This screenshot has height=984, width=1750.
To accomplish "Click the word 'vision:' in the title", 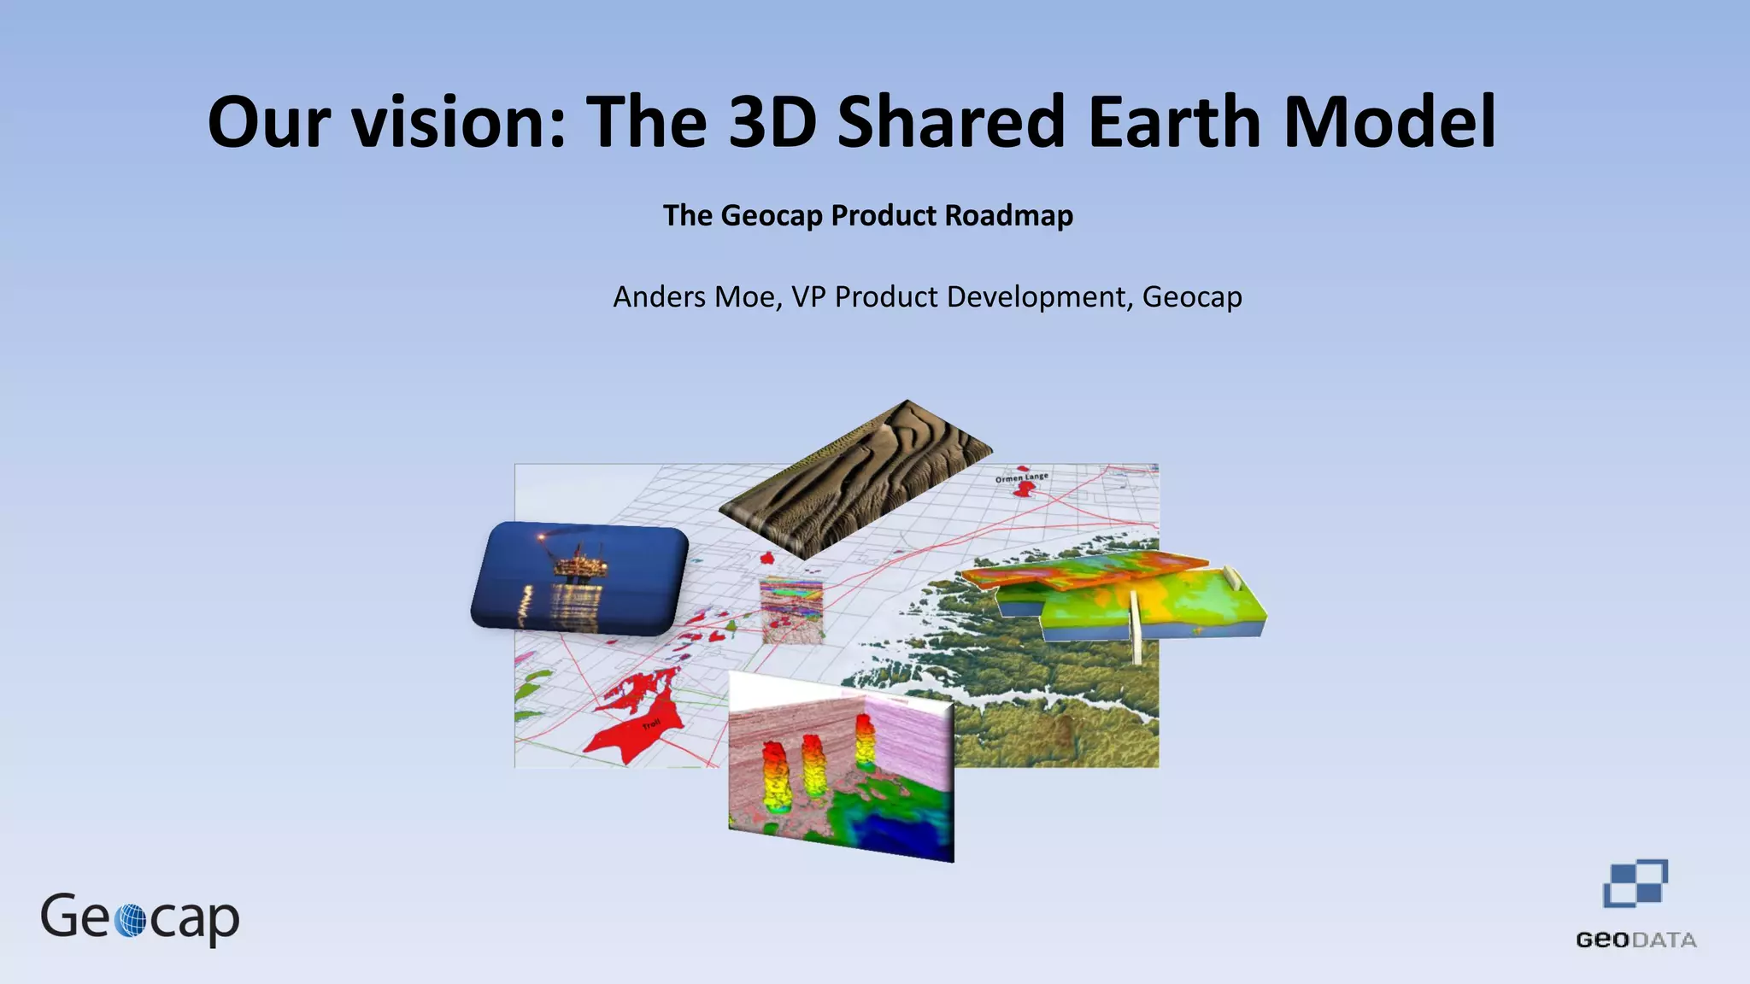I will click(x=460, y=121).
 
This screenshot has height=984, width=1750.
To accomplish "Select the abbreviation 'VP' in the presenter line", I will click(x=808, y=297).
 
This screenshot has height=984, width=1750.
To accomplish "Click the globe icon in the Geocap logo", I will click(x=130, y=921).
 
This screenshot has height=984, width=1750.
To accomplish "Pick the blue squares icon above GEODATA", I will click(x=1635, y=884).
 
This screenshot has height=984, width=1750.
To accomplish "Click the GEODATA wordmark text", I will click(x=1635, y=940).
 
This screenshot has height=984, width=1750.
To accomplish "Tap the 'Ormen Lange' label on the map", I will click(x=1021, y=477).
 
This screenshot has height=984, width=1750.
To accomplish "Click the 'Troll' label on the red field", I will click(x=651, y=725).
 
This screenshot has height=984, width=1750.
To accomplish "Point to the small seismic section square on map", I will click(x=792, y=610).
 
